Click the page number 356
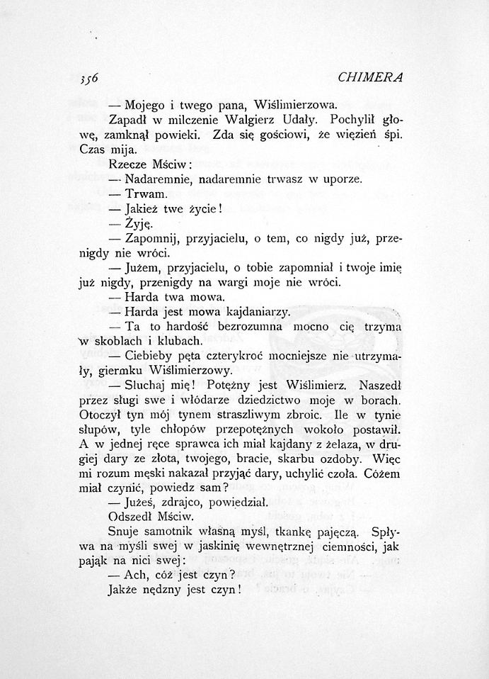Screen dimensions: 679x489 tap(88, 77)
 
